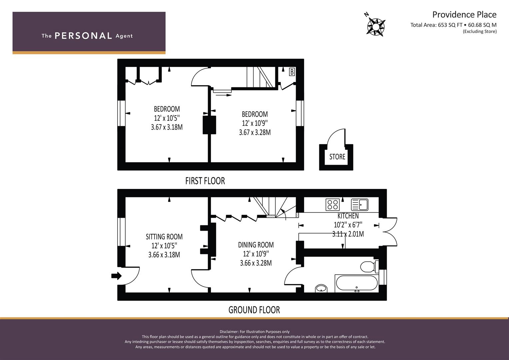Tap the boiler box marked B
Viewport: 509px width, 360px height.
point(292,72)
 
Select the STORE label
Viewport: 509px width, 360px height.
point(337,157)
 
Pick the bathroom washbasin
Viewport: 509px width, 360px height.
point(321,288)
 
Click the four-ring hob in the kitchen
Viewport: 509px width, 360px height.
point(333,204)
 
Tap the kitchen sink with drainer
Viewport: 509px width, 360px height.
point(359,205)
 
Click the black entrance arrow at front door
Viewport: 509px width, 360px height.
point(116,276)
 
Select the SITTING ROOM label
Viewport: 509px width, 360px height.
point(164,237)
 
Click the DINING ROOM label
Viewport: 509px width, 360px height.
point(256,245)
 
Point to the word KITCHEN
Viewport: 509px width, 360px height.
point(348,216)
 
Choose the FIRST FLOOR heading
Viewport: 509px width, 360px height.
point(205,181)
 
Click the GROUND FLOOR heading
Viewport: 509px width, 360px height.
point(254,310)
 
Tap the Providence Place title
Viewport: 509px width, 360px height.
point(464,15)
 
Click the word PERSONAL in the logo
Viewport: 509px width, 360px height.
point(83,36)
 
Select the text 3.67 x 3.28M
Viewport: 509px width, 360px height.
point(255,132)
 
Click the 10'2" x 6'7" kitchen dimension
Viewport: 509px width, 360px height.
point(348,225)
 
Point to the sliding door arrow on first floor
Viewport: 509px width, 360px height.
point(224,95)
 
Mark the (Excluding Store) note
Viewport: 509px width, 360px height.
point(480,32)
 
